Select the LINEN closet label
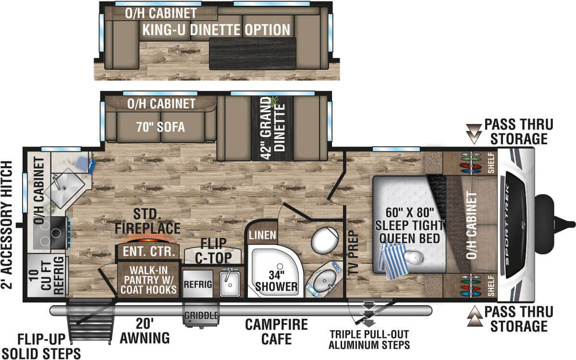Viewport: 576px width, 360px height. pyautogui.click(x=262, y=236)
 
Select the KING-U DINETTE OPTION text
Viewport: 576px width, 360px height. pyautogui.click(x=216, y=30)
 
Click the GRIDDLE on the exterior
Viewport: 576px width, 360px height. pyautogui.click(x=201, y=316)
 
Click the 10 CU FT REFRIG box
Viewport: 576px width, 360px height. pyautogui.click(x=47, y=276)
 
